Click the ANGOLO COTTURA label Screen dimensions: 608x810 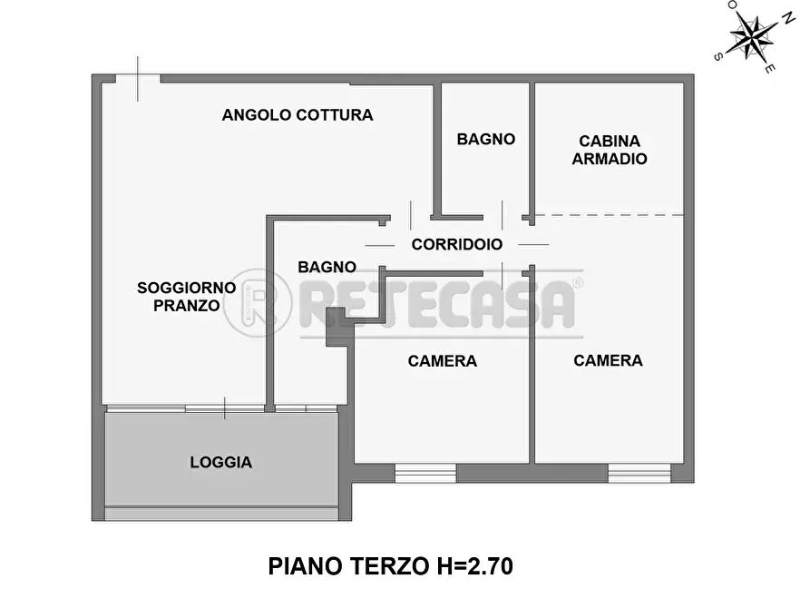point(298,115)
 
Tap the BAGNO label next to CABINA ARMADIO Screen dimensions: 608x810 point(485,140)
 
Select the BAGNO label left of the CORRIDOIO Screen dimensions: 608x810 point(327,267)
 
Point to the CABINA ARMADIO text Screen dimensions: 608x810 point(609,150)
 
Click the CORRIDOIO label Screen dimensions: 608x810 point(456,244)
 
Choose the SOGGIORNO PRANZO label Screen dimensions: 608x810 point(186,297)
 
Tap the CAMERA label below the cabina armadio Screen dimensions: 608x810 point(608,360)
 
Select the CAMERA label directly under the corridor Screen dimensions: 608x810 point(442,361)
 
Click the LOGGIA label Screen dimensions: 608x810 point(220,463)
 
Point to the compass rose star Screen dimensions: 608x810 point(752,36)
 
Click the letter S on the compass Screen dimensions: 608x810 point(718,56)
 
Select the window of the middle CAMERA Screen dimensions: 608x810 point(425,473)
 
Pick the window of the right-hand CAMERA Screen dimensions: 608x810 point(639,473)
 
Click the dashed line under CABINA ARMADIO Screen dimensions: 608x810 point(608,215)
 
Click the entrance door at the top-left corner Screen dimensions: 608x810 point(138,79)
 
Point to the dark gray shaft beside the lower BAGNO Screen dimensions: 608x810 point(338,327)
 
